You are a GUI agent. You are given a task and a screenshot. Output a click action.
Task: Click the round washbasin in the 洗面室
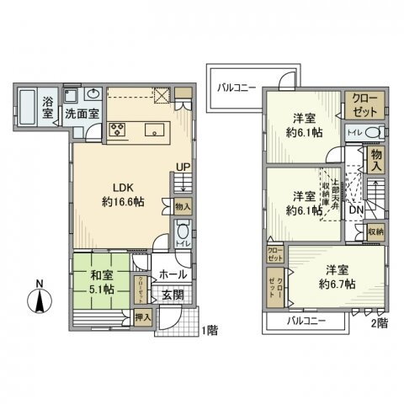(93, 94)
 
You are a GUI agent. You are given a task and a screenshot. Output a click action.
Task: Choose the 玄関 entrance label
(174, 293)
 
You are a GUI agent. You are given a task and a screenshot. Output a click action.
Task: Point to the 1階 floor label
(208, 331)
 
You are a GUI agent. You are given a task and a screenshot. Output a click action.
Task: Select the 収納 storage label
(375, 231)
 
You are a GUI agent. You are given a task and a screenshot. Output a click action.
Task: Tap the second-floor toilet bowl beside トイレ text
(376, 132)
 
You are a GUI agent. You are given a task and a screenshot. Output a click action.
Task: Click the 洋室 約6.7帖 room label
(336, 278)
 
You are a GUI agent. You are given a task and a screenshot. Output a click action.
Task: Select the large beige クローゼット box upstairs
(364, 105)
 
